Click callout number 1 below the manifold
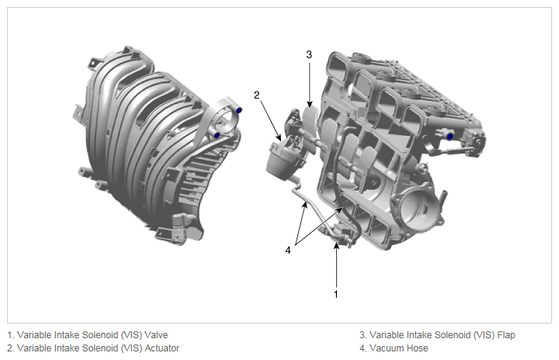(x=335, y=294)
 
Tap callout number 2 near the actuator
(x=257, y=95)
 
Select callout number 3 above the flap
(x=309, y=54)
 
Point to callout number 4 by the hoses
(x=288, y=251)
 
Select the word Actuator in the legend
(x=161, y=348)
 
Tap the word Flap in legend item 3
(x=506, y=335)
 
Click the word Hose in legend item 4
(x=418, y=348)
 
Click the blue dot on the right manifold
(x=450, y=137)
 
